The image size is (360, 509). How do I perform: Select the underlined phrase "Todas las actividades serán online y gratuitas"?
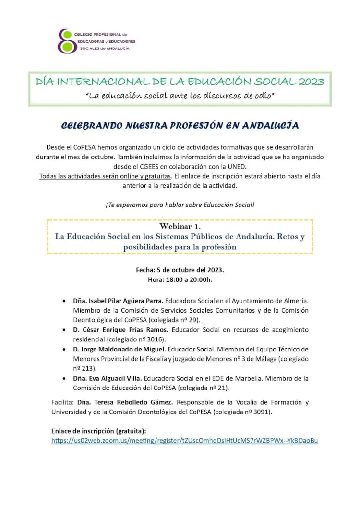click(106, 176)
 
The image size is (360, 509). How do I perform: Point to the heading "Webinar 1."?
click(180, 226)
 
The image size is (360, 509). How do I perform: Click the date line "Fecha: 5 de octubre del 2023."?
click(180, 270)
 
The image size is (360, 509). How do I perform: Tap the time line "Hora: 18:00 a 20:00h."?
click(180, 279)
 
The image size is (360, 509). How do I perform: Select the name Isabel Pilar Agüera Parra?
click(114, 301)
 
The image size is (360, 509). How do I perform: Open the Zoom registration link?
click(185, 440)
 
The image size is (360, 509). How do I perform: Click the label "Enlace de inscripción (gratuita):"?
click(98, 431)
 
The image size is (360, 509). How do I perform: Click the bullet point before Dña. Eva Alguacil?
click(64, 378)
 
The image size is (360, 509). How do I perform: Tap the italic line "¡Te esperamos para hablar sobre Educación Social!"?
click(180, 205)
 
